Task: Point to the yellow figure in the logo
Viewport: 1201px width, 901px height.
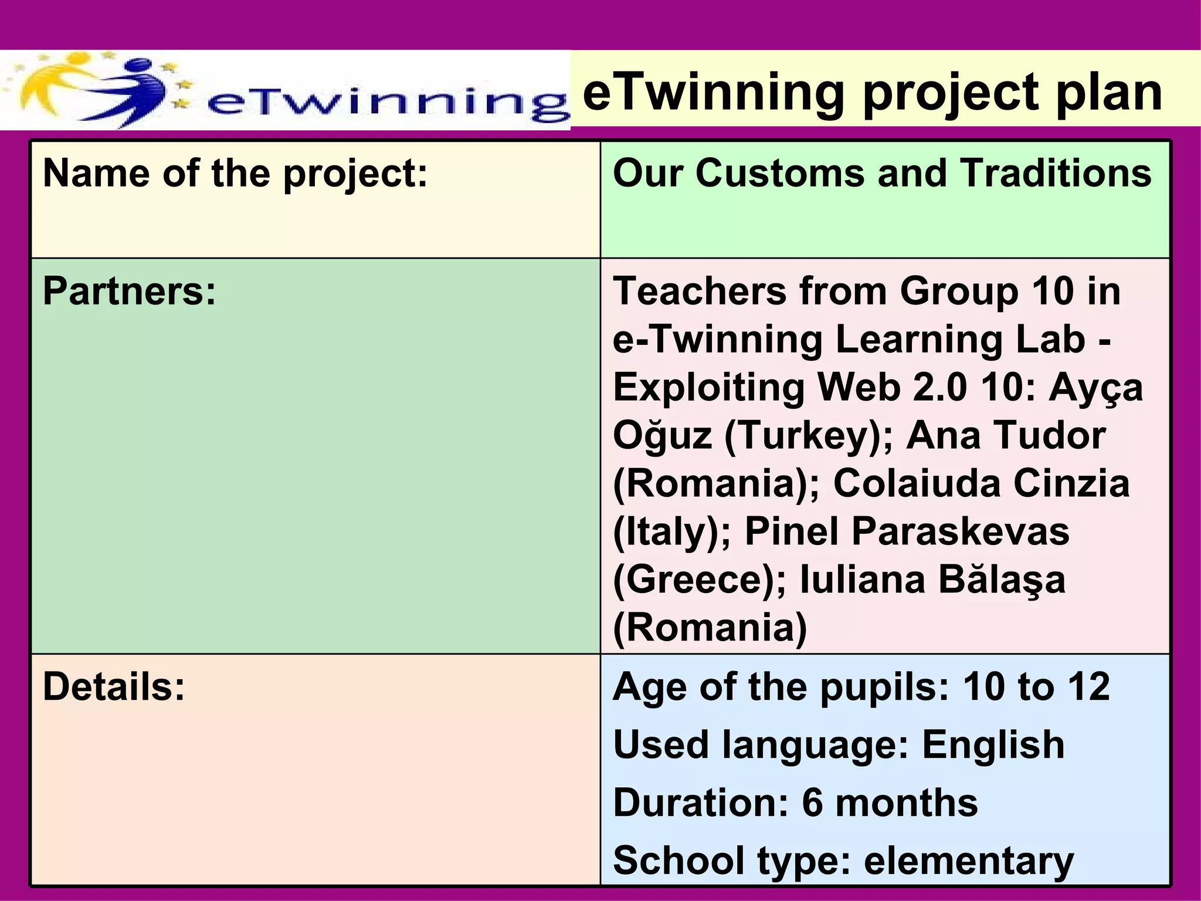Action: point(59,82)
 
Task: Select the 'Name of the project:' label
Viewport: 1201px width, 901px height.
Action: point(235,174)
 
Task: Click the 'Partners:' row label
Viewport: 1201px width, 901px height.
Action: point(130,291)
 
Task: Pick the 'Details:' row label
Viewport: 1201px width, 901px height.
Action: point(114,686)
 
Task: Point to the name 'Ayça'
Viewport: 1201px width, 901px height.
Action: point(1095,388)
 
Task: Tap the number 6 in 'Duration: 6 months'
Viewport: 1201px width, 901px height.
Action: point(813,802)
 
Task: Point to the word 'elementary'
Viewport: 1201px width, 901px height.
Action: point(969,861)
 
